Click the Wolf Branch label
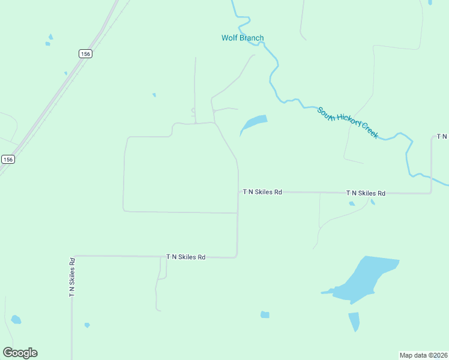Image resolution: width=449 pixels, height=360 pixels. click(x=243, y=38)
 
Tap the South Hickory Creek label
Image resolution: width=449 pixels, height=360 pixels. click(x=348, y=122)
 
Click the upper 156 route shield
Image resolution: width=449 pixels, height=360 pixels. click(x=85, y=54)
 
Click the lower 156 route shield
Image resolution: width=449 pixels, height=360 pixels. click(x=8, y=159)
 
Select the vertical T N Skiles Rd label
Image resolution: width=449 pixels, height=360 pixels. click(x=72, y=277)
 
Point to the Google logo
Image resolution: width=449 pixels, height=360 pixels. click(x=20, y=353)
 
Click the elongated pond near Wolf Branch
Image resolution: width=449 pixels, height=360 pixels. click(x=253, y=124)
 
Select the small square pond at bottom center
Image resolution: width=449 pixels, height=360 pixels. click(x=265, y=314)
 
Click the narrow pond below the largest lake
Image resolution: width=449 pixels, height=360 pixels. click(x=354, y=322)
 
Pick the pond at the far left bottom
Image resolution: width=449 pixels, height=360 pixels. click(x=16, y=319)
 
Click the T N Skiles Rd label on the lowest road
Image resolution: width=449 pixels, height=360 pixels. click(x=186, y=257)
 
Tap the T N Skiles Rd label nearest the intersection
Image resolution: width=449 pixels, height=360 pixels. click(x=262, y=192)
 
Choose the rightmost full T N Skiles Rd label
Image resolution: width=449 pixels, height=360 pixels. click(x=366, y=193)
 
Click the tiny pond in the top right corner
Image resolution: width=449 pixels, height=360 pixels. click(x=430, y=2)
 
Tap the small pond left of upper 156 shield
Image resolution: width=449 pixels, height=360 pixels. click(x=49, y=43)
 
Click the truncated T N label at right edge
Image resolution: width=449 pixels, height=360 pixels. click(x=442, y=137)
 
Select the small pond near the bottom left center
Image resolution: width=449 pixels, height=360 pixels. click(x=87, y=325)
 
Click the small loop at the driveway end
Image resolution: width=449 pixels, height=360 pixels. click(x=193, y=110)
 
